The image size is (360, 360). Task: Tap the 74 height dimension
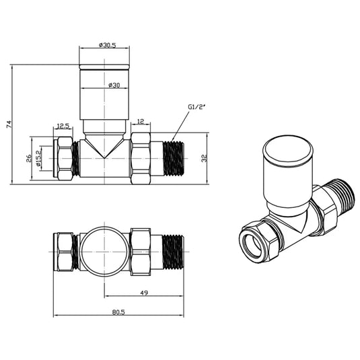(x=9, y=124)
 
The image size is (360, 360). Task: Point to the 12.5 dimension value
(x=63, y=125)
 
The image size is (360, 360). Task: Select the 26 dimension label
(x=28, y=159)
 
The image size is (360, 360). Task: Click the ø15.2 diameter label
(x=38, y=160)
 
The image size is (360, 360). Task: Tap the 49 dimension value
(x=144, y=293)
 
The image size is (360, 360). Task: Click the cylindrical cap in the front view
(x=104, y=94)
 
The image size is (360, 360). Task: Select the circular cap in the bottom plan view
(x=104, y=251)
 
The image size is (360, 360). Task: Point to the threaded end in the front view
(x=173, y=159)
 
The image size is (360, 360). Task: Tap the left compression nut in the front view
(x=64, y=158)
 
